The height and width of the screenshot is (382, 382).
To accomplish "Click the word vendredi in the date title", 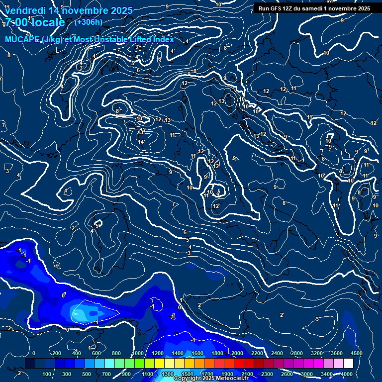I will coord(24,10).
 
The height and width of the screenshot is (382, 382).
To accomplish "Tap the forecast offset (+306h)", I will coord(88,22).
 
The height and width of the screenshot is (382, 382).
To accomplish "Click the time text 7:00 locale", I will coord(35,23).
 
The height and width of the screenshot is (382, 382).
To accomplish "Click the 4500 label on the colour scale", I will coord(356,353).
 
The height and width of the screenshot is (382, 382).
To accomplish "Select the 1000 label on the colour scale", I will coord(138,353).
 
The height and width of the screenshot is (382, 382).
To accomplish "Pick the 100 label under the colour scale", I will coord(47,374).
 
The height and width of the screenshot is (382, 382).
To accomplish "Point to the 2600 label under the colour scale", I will coord(286,374).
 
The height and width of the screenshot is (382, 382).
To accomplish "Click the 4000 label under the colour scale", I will coord(347,374).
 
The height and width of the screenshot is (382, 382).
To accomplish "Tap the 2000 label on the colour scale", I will coord(237,353).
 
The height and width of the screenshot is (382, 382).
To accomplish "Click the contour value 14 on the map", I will coord(141,142).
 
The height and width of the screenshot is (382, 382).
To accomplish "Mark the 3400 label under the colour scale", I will coord(326,374).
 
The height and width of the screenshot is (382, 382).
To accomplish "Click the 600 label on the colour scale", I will coord(96,353).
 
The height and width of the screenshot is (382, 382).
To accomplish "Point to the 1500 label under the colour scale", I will coord(188,374).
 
